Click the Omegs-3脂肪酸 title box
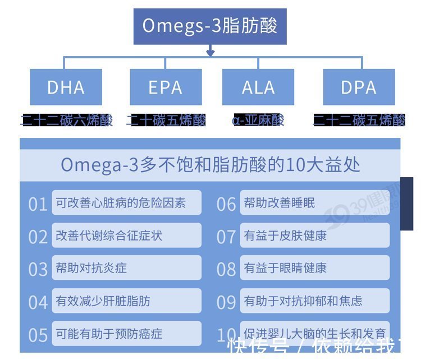pyautogui.click(x=210, y=26)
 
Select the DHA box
pyautogui.click(x=66, y=87)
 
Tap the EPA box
pyautogui.click(x=166, y=87)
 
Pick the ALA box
pyautogui.click(x=258, y=87)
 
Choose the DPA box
pyautogui.click(x=359, y=87)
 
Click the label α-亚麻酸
pyautogui.click(x=258, y=119)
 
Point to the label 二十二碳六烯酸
pyautogui.click(x=67, y=119)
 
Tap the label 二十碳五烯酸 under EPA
pyautogui.click(x=166, y=119)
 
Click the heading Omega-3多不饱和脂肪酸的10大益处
pyautogui.click(x=210, y=165)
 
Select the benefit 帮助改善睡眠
pyautogui.click(x=315, y=202)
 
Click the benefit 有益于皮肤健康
pyautogui.click(x=315, y=236)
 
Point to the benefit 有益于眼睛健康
pyautogui.click(x=315, y=268)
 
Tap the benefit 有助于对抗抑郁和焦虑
pyautogui.click(x=315, y=301)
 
